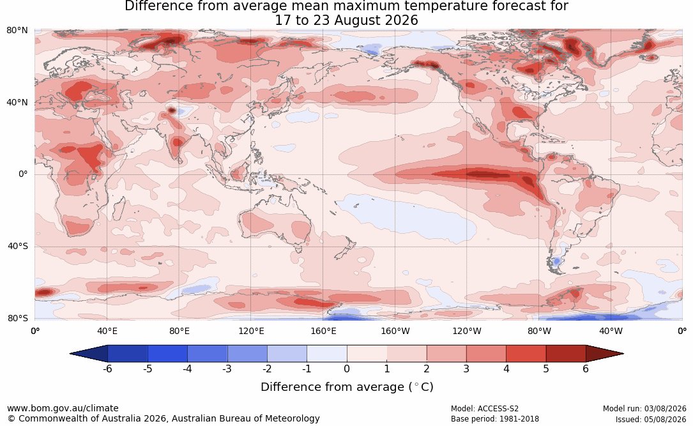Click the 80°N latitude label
pyautogui.click(x=17, y=31)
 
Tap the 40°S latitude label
pyautogui.click(x=17, y=246)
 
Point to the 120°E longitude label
pyautogui.click(x=251, y=331)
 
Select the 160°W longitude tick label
pyautogui.click(x=395, y=331)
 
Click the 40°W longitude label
pyautogui.click(x=611, y=331)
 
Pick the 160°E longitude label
pyautogui.click(x=323, y=331)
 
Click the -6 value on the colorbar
pyautogui.click(x=107, y=369)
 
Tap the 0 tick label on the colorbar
pyautogui.click(x=347, y=369)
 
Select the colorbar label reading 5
pyautogui.click(x=546, y=369)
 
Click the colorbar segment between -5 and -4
pyautogui.click(x=167, y=354)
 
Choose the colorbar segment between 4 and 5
pyautogui.click(x=526, y=354)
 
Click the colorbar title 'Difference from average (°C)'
pyautogui.click(x=347, y=387)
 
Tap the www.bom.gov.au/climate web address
pyautogui.click(x=63, y=408)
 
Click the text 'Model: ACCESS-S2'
pyautogui.click(x=484, y=409)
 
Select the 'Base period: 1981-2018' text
pyautogui.click(x=495, y=419)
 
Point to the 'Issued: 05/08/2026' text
pyautogui.click(x=651, y=419)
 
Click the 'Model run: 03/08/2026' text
pyautogui.click(x=644, y=409)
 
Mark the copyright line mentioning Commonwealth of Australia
pyautogui.click(x=164, y=418)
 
